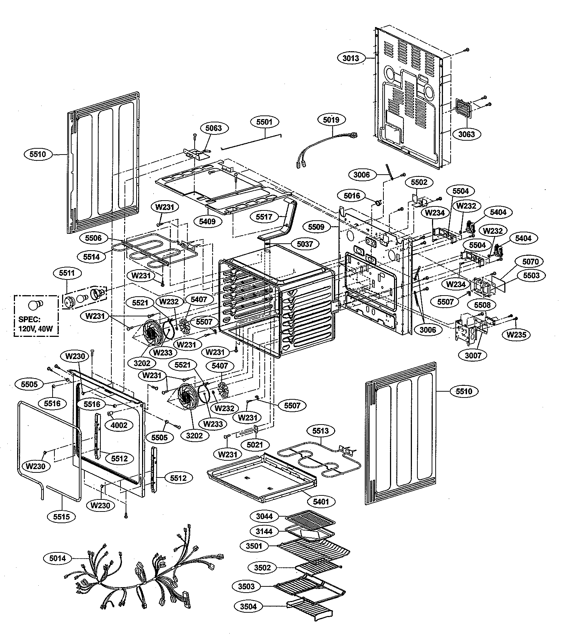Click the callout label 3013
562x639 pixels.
coord(351,58)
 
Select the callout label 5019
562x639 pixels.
coord(331,119)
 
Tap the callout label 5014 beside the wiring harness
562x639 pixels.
coord(58,558)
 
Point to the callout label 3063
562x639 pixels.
coord(467,134)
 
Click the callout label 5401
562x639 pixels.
coord(321,502)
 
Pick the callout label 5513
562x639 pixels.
coord(320,431)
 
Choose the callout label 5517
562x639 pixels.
coord(264,217)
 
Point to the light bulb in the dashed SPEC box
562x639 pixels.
coord(35,304)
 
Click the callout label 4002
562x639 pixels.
coord(119,425)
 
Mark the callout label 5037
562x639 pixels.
coord(305,244)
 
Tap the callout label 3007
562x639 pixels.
coord(473,354)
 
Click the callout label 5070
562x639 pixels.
coord(530,262)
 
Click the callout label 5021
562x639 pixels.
coord(255,445)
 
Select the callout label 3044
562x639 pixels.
coord(264,517)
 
